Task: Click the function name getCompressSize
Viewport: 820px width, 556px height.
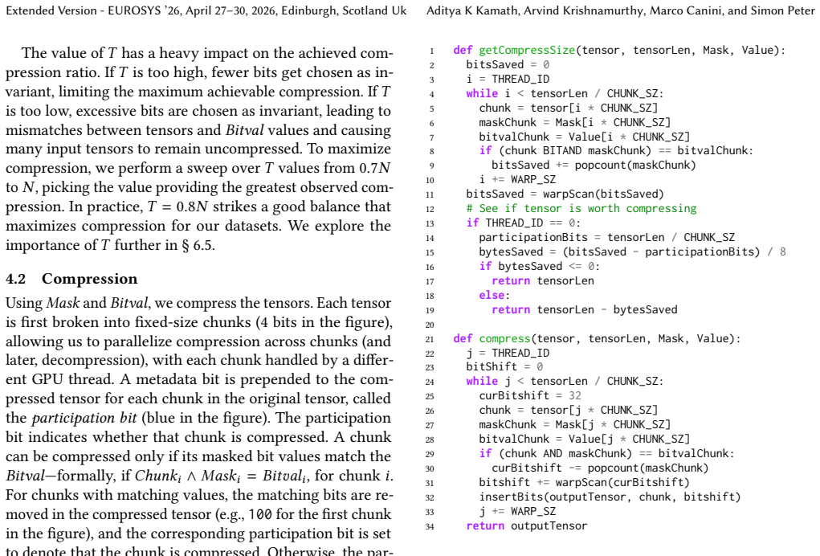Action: [x=527, y=50]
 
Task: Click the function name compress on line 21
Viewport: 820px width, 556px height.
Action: [x=504, y=339]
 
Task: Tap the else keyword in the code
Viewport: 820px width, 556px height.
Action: [x=492, y=295]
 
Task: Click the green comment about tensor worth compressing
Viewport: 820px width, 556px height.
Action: [x=581, y=209]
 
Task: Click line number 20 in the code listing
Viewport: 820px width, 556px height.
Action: [x=430, y=325]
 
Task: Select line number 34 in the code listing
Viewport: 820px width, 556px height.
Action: [x=430, y=527]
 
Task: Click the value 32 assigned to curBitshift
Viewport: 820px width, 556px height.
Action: [x=575, y=396]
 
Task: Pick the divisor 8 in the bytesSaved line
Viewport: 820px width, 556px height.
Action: [x=783, y=251]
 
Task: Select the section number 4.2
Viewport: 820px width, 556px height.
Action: [x=16, y=279]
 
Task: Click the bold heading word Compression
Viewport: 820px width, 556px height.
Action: [x=90, y=280]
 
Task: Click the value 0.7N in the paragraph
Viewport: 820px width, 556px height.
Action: [x=375, y=169]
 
